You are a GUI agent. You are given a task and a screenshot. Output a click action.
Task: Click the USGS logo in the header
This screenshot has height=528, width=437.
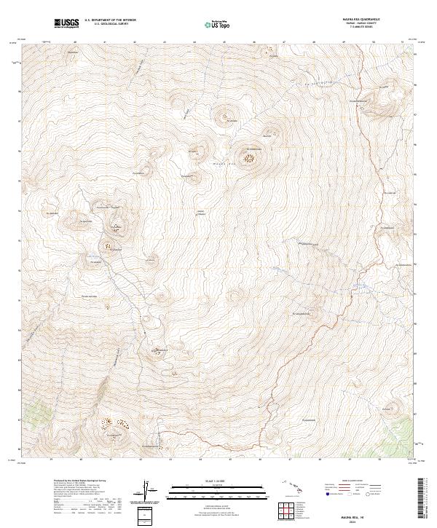tap(67, 24)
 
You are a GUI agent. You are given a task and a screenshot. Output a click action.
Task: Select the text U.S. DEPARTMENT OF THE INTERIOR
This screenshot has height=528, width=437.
tap(110, 21)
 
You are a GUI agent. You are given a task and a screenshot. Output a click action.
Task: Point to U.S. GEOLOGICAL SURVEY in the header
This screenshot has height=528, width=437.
tap(110, 25)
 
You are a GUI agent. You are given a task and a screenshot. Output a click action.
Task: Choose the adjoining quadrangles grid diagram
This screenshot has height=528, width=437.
tap(285, 511)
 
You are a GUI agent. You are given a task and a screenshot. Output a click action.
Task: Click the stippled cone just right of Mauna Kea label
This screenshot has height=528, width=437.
tap(251, 156)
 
